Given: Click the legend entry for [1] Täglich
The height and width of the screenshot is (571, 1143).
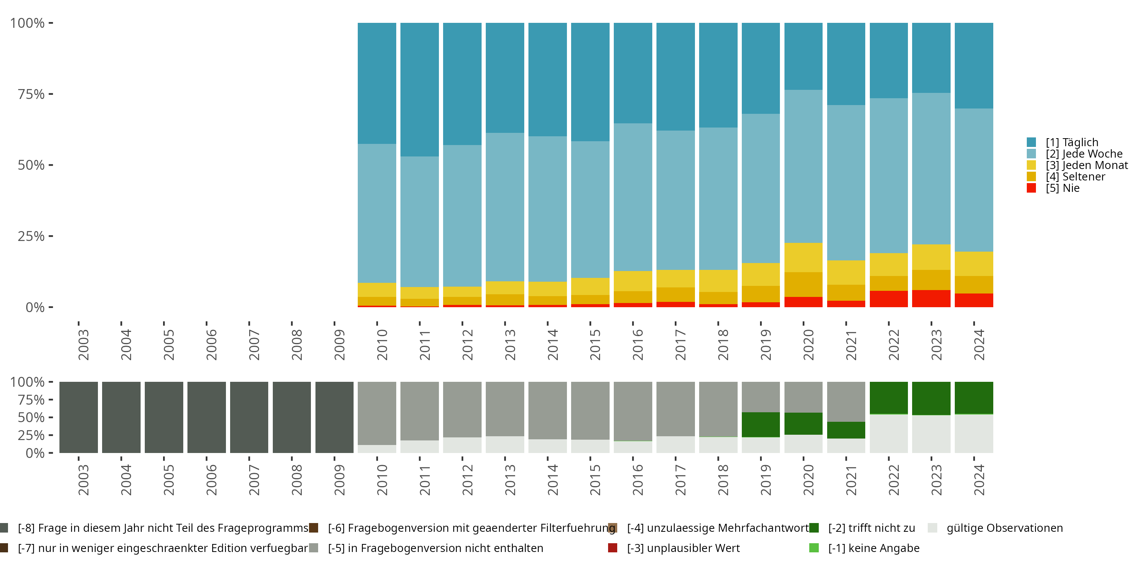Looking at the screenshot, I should [1071, 142].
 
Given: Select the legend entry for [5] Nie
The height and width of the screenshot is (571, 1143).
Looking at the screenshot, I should [1062, 188].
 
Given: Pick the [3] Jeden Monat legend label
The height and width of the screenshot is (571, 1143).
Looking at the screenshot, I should [1087, 165].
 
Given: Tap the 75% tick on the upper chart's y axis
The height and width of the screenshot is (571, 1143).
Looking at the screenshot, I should [31, 94].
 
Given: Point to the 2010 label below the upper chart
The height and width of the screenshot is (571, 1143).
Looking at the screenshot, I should [382, 345].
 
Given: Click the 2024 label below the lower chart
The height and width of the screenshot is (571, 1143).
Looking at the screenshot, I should [979, 480].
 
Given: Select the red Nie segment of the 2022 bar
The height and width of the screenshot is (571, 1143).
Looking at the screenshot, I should [888, 299].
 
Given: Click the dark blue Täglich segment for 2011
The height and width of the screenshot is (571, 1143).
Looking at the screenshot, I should [419, 89].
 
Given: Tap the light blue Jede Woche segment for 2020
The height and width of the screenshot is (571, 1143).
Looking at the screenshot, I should [803, 166].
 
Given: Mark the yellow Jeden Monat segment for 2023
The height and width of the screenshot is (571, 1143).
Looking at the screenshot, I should [931, 257].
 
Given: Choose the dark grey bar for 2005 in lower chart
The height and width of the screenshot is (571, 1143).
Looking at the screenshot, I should [164, 417].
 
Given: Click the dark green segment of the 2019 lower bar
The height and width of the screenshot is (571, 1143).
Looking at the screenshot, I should [760, 424].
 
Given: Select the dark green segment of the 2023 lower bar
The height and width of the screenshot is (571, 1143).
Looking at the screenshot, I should [931, 398].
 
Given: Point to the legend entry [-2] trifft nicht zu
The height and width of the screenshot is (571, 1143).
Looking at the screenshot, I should [871, 528].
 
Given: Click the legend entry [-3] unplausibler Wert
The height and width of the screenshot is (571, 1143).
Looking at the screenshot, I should [683, 548].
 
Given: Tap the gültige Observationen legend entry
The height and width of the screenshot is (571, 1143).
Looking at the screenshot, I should [1004, 528].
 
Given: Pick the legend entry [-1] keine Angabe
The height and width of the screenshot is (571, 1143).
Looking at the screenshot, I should [873, 548].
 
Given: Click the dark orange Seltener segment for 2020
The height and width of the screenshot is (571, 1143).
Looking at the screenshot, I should [803, 284].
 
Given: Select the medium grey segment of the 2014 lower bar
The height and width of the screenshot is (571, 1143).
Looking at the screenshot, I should [547, 410].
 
